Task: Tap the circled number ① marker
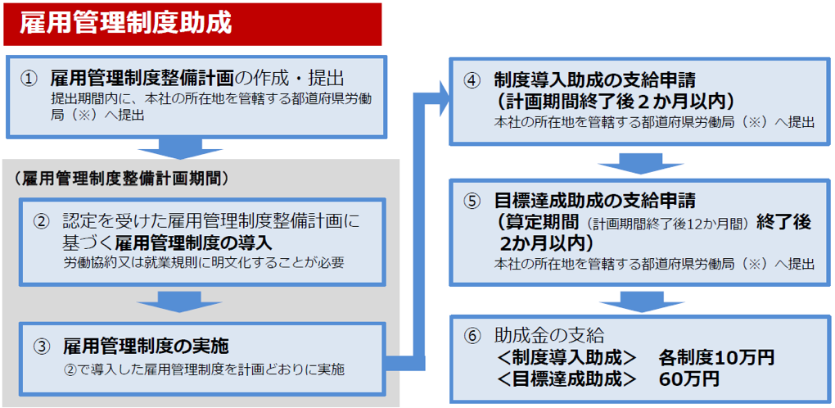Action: pyautogui.click(x=29, y=79)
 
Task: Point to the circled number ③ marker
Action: pyautogui.click(x=41, y=347)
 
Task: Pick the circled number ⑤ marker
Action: pyautogui.click(x=472, y=201)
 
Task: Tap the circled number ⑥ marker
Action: pyautogui.click(x=472, y=336)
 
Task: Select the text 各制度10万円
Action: pyautogui.click(x=716, y=357)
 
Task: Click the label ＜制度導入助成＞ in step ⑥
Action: pyautogui.click(x=565, y=357)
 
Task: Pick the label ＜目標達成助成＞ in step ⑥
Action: pyautogui.click(x=565, y=379)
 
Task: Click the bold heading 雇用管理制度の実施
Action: pyautogui.click(x=146, y=347)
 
